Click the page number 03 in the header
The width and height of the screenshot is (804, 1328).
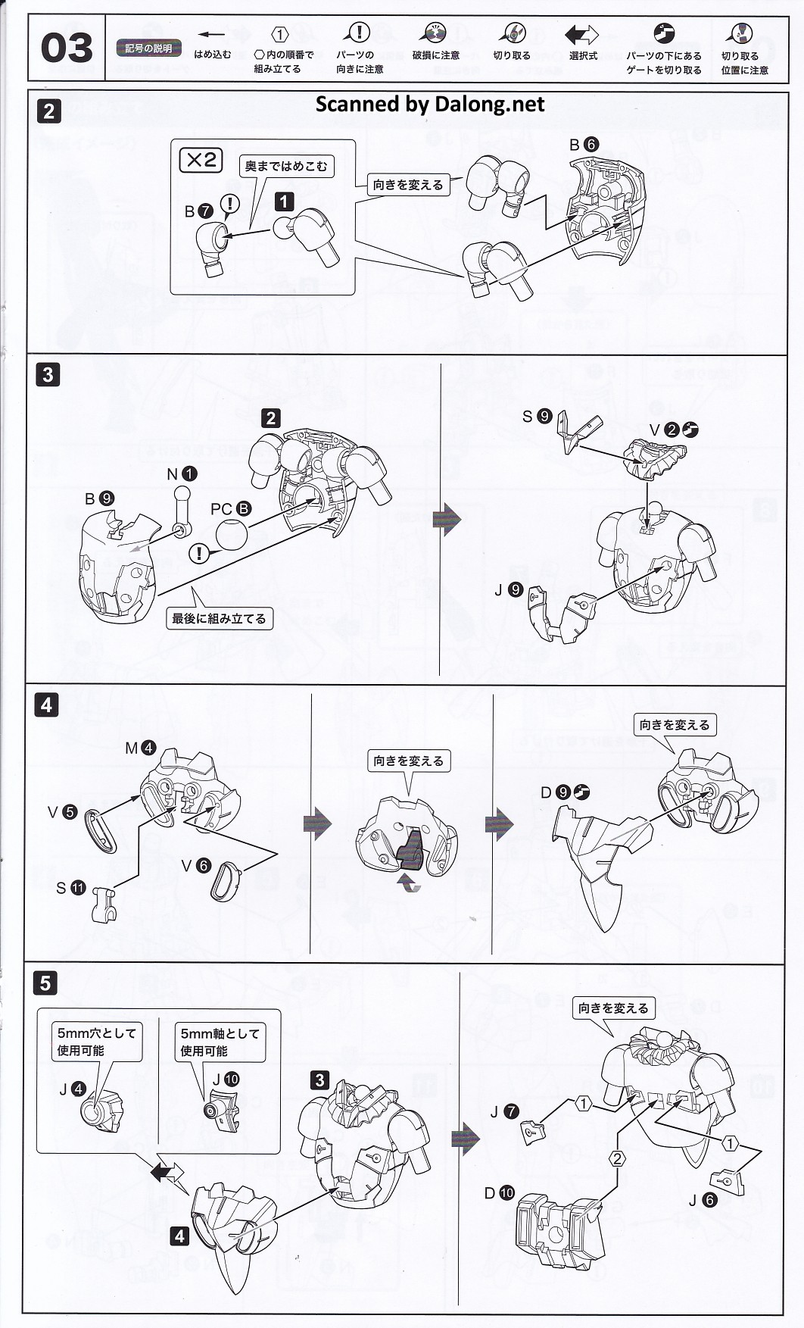click(67, 48)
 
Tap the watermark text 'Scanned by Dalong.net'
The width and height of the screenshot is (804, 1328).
click(429, 105)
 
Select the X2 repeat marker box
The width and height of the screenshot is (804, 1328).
click(201, 160)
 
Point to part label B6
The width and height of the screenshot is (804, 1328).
click(584, 144)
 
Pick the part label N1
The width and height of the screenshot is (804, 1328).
click(181, 474)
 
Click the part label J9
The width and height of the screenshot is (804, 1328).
click(508, 589)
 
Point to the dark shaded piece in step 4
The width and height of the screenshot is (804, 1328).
click(411, 849)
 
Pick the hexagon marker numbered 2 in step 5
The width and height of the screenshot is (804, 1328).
click(617, 1158)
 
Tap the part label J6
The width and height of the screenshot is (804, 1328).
click(702, 1200)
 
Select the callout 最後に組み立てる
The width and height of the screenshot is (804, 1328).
click(219, 618)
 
